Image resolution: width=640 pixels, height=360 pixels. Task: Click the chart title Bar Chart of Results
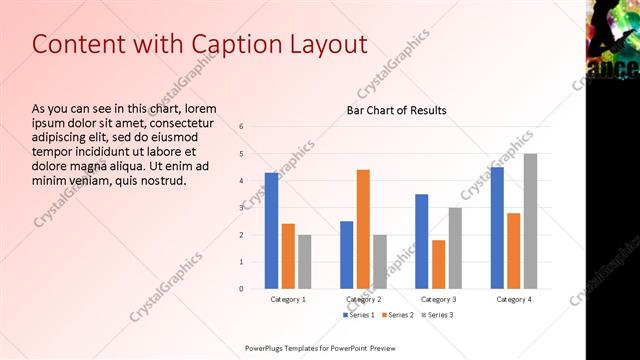396,110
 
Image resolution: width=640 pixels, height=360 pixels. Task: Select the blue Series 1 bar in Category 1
271,230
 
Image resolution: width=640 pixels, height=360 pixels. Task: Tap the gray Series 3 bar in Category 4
530,221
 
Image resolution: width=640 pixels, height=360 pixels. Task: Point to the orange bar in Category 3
438,264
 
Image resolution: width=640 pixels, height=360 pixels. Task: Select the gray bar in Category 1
304,261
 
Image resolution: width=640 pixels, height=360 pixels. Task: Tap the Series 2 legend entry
397,315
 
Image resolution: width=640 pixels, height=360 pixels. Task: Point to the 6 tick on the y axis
241,126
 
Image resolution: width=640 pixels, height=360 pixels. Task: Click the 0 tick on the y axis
241,288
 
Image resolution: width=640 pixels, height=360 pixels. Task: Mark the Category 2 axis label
363,299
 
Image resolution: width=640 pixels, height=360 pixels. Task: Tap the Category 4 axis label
513,299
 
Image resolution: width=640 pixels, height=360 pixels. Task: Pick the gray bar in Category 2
380,261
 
